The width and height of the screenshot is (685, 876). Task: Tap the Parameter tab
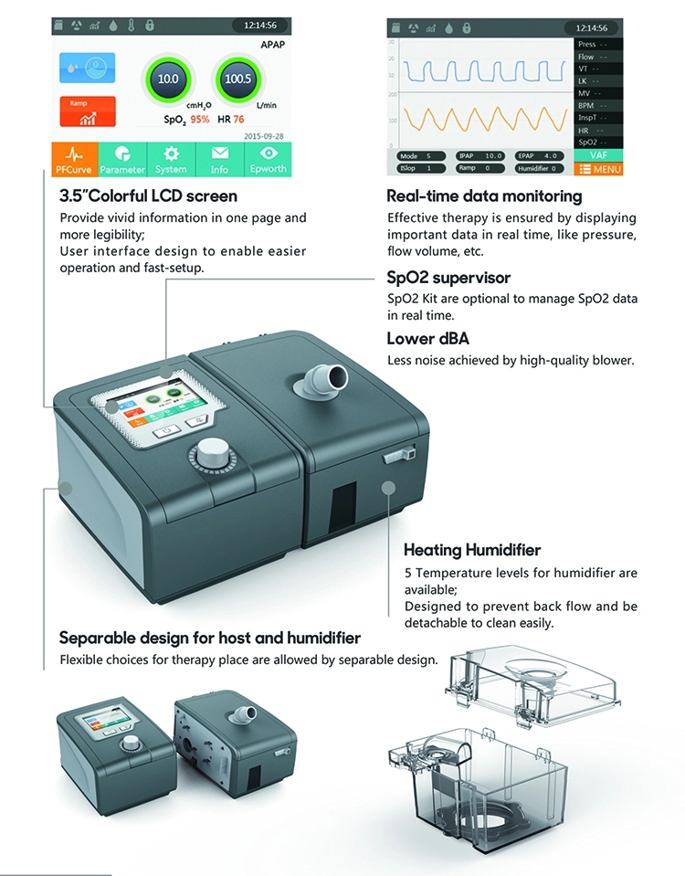click(x=122, y=159)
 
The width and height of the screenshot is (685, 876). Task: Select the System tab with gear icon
click(x=171, y=159)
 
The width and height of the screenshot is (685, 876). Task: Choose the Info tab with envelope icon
click(x=219, y=159)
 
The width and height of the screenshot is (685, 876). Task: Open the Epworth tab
click(x=268, y=159)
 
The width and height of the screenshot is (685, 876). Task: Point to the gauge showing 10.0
click(x=168, y=79)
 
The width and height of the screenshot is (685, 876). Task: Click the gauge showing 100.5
click(x=237, y=79)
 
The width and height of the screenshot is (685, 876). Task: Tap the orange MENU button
click(x=600, y=169)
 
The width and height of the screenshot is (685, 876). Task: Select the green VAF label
click(x=600, y=155)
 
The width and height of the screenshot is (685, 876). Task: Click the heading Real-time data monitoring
click(x=483, y=196)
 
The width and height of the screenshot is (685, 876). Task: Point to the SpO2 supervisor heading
click(x=448, y=278)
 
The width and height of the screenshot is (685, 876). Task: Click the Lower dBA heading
click(x=428, y=340)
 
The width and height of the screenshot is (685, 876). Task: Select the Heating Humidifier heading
click(x=472, y=550)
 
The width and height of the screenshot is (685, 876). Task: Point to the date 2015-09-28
click(x=266, y=135)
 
